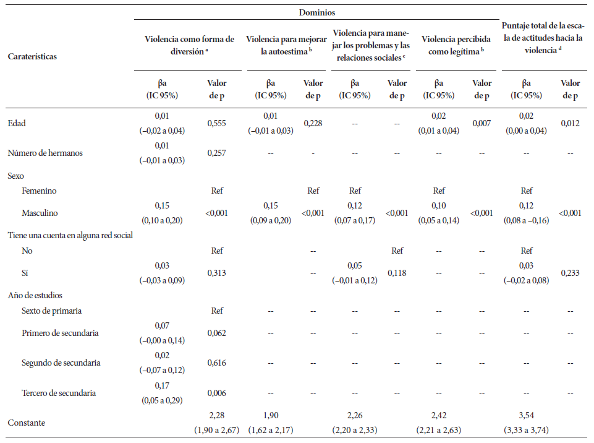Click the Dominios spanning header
pos(316,12)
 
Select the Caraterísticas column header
pos(32,56)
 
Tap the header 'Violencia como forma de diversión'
pos(189,45)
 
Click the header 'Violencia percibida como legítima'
pos(456,45)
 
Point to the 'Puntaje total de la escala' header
pos(543,38)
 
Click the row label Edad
pos(17,123)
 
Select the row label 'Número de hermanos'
pos(45,153)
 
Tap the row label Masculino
pos(40,213)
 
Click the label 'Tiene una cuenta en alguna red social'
pos(70,236)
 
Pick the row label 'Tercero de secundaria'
pos(59,393)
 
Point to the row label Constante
pos(26,423)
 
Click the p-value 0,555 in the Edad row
pos(217,123)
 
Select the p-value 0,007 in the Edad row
pos(482,123)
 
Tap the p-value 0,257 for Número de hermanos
pos(217,153)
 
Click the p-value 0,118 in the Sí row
pos(397,273)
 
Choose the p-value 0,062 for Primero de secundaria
pos(217,333)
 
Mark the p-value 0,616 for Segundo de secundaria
pos(217,363)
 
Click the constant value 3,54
pos(526,416)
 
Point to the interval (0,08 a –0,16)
pos(526,220)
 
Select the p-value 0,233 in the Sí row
pos(570,273)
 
